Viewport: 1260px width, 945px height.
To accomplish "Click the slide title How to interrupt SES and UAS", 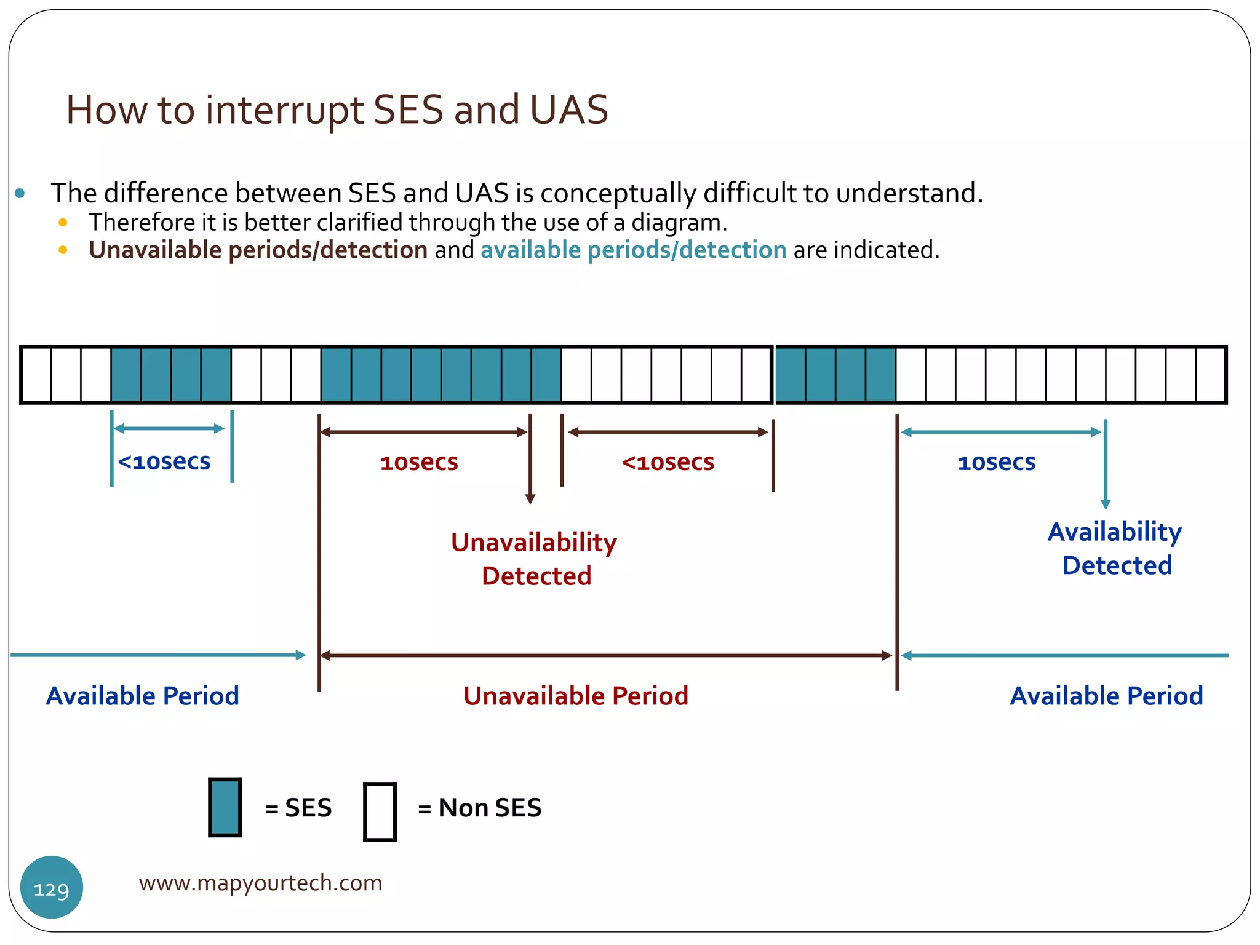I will tap(337, 110).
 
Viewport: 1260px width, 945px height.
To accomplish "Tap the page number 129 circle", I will tap(52, 888).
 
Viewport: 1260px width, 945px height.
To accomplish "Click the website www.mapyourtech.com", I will tap(260, 883).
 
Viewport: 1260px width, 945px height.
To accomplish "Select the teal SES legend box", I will tap(225, 808).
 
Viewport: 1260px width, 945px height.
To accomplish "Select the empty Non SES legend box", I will tap(380, 811).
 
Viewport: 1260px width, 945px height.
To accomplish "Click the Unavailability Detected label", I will tap(534, 559).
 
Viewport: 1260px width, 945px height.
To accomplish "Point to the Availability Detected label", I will tap(1115, 548).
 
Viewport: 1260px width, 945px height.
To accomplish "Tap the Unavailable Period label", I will tap(576, 696).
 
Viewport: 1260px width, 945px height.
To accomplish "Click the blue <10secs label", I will tap(164, 461).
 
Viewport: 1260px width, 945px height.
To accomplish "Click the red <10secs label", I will tap(668, 462).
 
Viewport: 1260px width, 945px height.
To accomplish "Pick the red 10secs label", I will tap(419, 462).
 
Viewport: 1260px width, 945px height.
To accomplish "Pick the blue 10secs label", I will tap(997, 462).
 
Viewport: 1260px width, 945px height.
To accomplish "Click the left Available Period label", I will tap(142, 696).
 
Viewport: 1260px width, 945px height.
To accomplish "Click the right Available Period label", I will tap(1106, 696).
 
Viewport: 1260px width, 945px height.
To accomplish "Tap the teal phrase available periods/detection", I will tap(633, 250).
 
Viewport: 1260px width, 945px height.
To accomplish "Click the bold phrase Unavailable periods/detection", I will tap(258, 250).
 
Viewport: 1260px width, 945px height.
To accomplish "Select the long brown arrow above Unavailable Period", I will tap(606, 656).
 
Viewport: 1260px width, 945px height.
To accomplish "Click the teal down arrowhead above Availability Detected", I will tap(1106, 504).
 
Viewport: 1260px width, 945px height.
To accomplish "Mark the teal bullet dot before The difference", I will tap(20, 194).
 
